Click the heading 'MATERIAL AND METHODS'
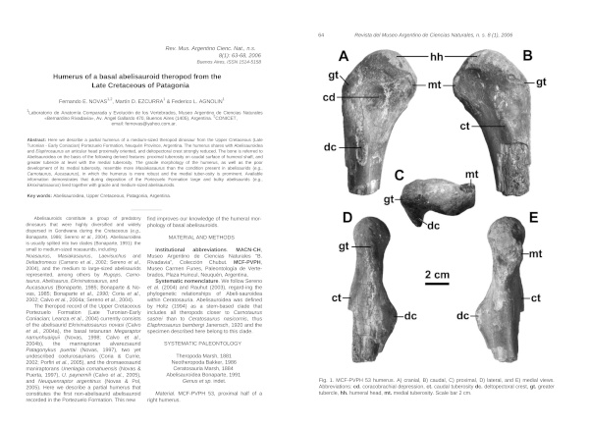(212, 237)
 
